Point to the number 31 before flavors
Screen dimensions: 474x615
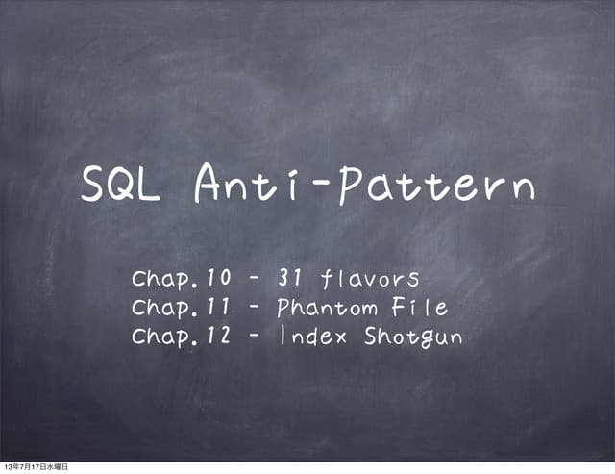[291, 280]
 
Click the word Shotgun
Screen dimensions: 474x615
[413, 338]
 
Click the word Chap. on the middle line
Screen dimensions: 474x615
[165, 310]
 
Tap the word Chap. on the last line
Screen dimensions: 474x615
[165, 338]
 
